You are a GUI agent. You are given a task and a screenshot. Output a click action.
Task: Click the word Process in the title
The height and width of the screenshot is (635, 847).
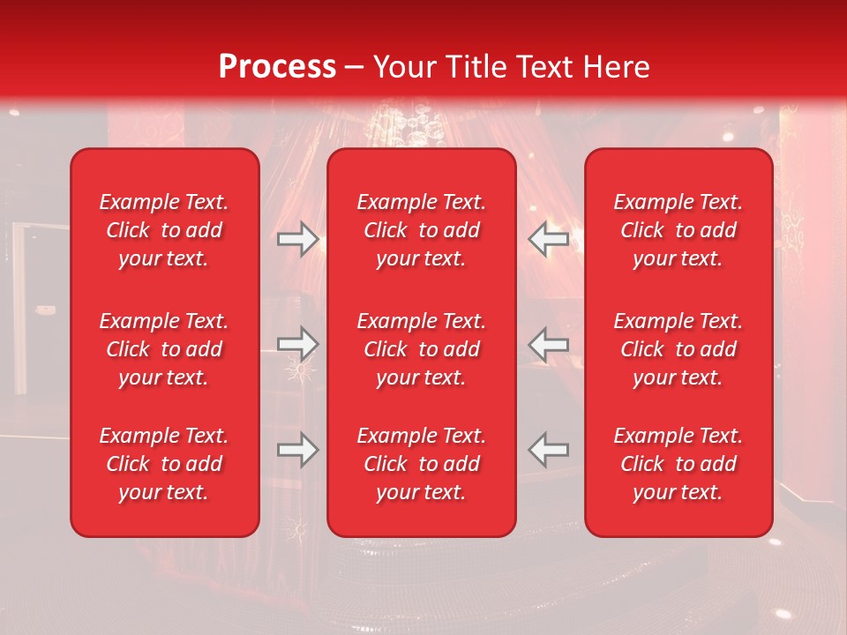point(277,67)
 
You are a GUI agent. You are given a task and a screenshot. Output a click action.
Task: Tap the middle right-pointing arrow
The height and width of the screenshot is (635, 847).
point(297,342)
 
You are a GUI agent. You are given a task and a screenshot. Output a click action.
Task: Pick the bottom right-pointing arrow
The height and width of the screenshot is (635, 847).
point(297,450)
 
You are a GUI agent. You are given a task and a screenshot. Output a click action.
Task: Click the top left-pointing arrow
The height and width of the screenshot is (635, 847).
point(549,238)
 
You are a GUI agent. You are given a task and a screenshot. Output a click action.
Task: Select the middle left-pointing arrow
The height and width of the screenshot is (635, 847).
point(549,344)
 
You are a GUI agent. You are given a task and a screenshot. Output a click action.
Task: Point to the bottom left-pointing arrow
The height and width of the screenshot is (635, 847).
point(549,449)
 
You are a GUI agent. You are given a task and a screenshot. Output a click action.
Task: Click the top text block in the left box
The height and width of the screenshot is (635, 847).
point(164,230)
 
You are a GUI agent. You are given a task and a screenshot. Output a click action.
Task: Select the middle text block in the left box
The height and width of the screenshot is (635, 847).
point(164,349)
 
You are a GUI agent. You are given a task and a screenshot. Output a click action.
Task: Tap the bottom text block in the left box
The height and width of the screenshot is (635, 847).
point(164,464)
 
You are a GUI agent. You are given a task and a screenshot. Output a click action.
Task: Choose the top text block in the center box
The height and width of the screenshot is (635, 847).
point(422,230)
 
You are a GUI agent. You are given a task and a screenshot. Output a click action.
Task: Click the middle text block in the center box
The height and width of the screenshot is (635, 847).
point(422,349)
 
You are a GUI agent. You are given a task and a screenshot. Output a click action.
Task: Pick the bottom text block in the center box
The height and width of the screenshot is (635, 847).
point(422,464)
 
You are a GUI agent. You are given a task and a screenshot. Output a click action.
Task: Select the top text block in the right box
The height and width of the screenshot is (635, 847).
point(678,230)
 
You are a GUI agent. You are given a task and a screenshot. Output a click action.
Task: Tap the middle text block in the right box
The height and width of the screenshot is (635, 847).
point(678,349)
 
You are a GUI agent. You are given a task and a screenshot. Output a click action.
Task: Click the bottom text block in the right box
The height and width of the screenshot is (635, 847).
point(678,464)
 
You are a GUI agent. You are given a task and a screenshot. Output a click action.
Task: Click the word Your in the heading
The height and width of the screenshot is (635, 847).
point(405,67)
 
